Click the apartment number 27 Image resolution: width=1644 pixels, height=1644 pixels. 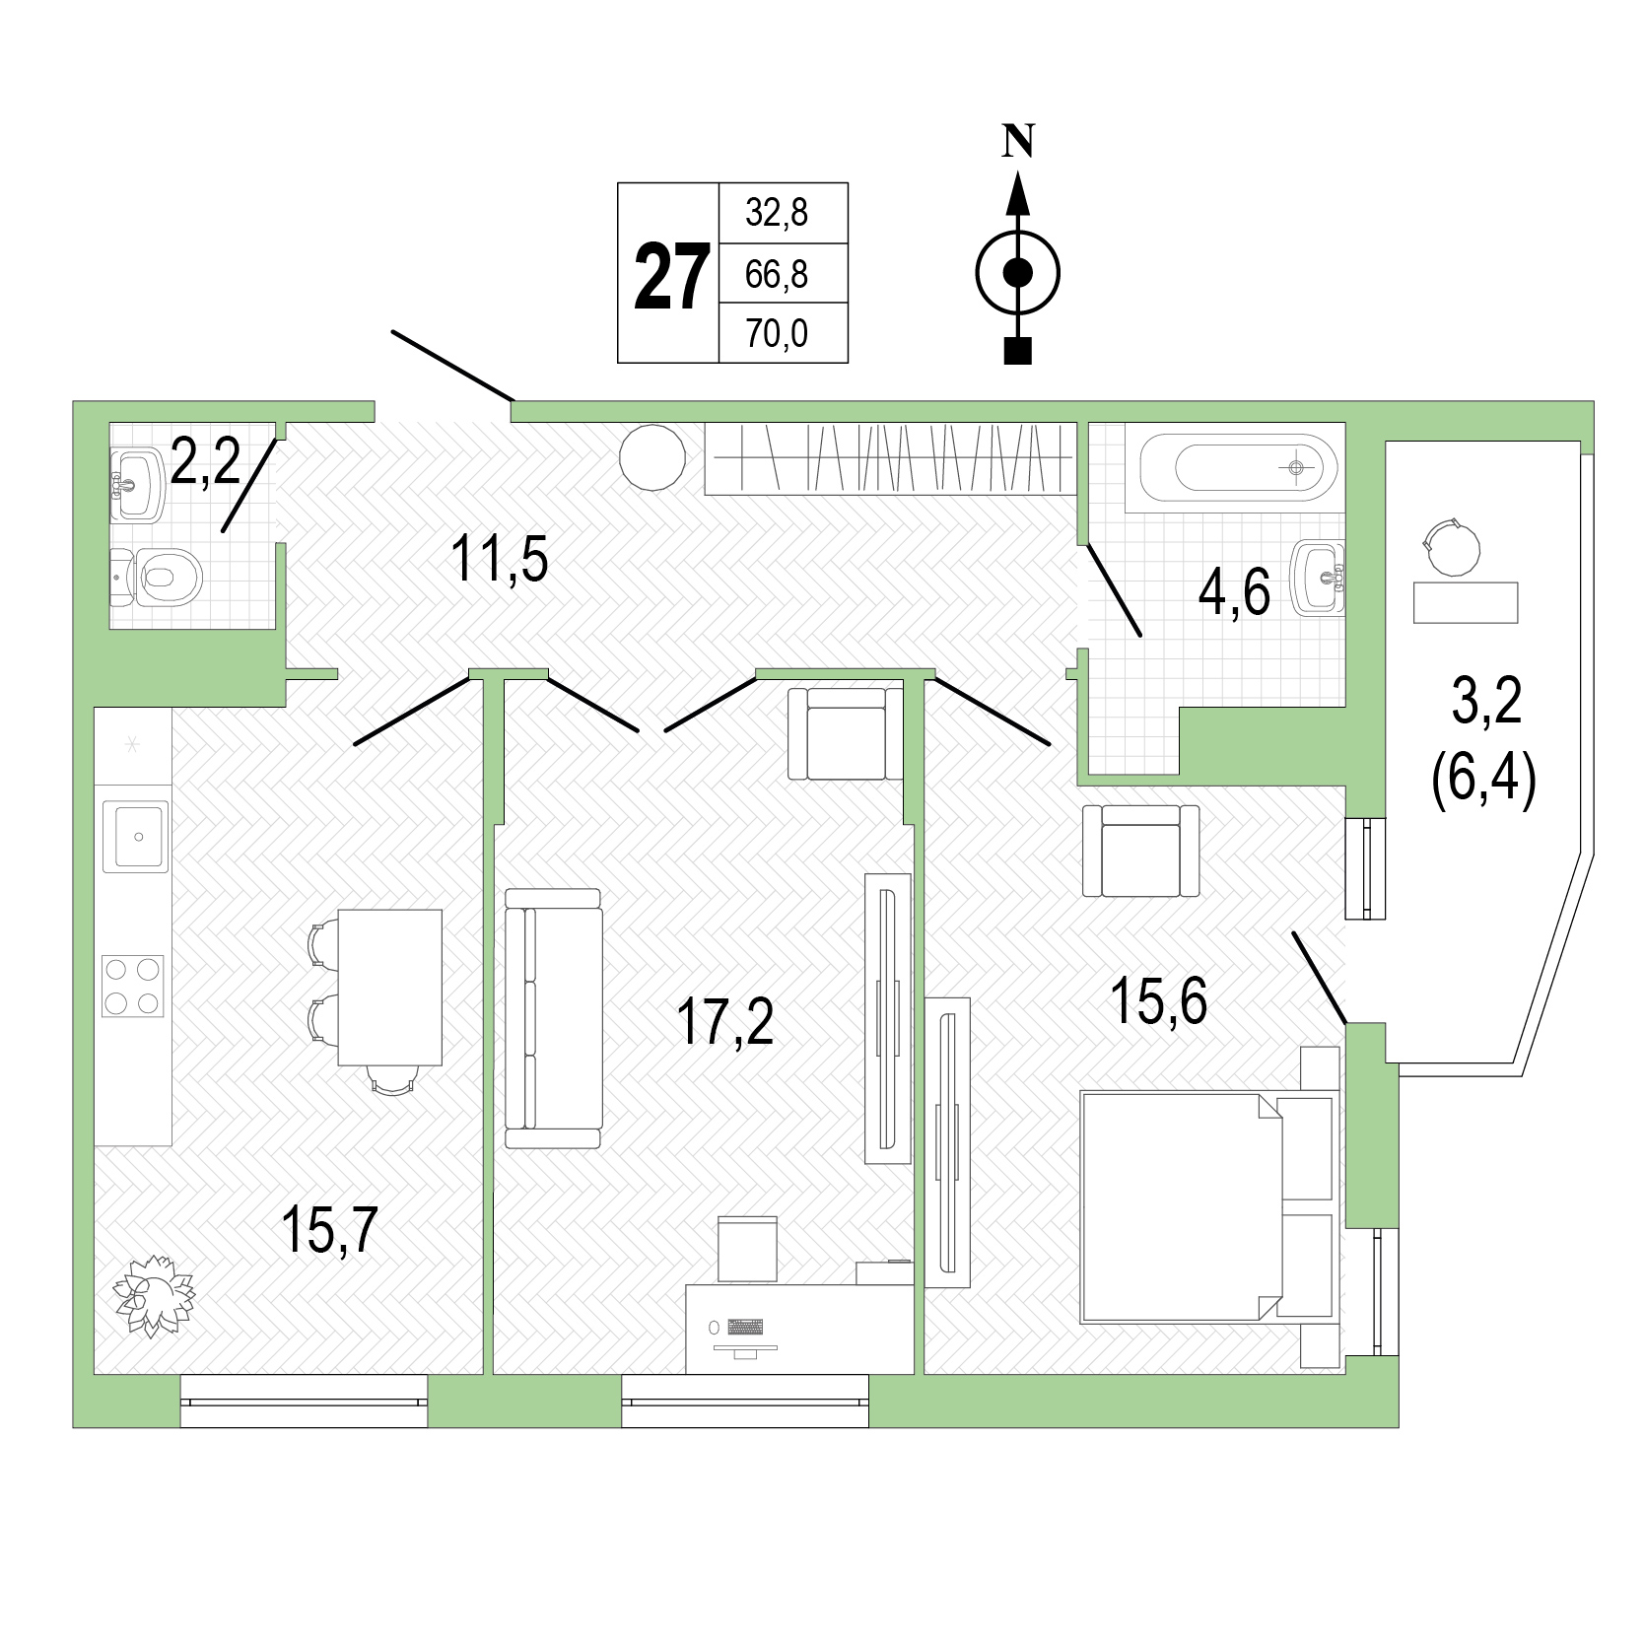tap(671, 277)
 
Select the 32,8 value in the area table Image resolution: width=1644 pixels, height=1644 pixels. tap(777, 212)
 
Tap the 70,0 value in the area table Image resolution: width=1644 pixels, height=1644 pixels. tap(777, 334)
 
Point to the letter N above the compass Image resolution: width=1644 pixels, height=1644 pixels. tap(1018, 143)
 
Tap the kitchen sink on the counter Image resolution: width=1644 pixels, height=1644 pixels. tap(136, 836)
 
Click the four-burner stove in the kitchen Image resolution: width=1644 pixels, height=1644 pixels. tap(133, 986)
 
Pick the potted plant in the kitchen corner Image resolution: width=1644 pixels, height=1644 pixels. tap(154, 1295)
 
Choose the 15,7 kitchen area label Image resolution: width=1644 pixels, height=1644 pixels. tap(328, 1233)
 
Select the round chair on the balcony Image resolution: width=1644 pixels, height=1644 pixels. tap(1452, 547)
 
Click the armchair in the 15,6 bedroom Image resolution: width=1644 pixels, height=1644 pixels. tap(1140, 850)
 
